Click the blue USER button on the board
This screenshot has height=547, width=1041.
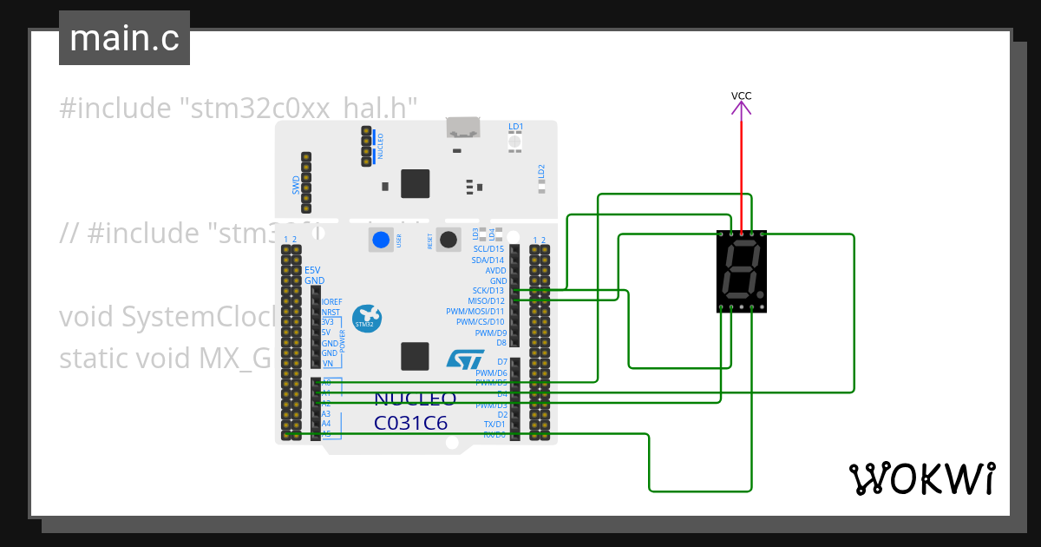[x=380, y=241]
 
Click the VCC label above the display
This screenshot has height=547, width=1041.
[x=741, y=96]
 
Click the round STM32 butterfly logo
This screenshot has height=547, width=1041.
[x=366, y=318]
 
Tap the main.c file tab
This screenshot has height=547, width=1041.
[x=124, y=38]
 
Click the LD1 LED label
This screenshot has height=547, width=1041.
[x=515, y=127]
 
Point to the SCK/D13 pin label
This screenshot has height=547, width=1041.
[x=488, y=291]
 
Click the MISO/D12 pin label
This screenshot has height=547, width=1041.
[x=486, y=301]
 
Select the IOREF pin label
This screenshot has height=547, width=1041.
[x=331, y=301]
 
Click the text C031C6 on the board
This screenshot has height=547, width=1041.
[x=410, y=424]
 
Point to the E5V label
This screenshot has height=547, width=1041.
[x=311, y=270]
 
